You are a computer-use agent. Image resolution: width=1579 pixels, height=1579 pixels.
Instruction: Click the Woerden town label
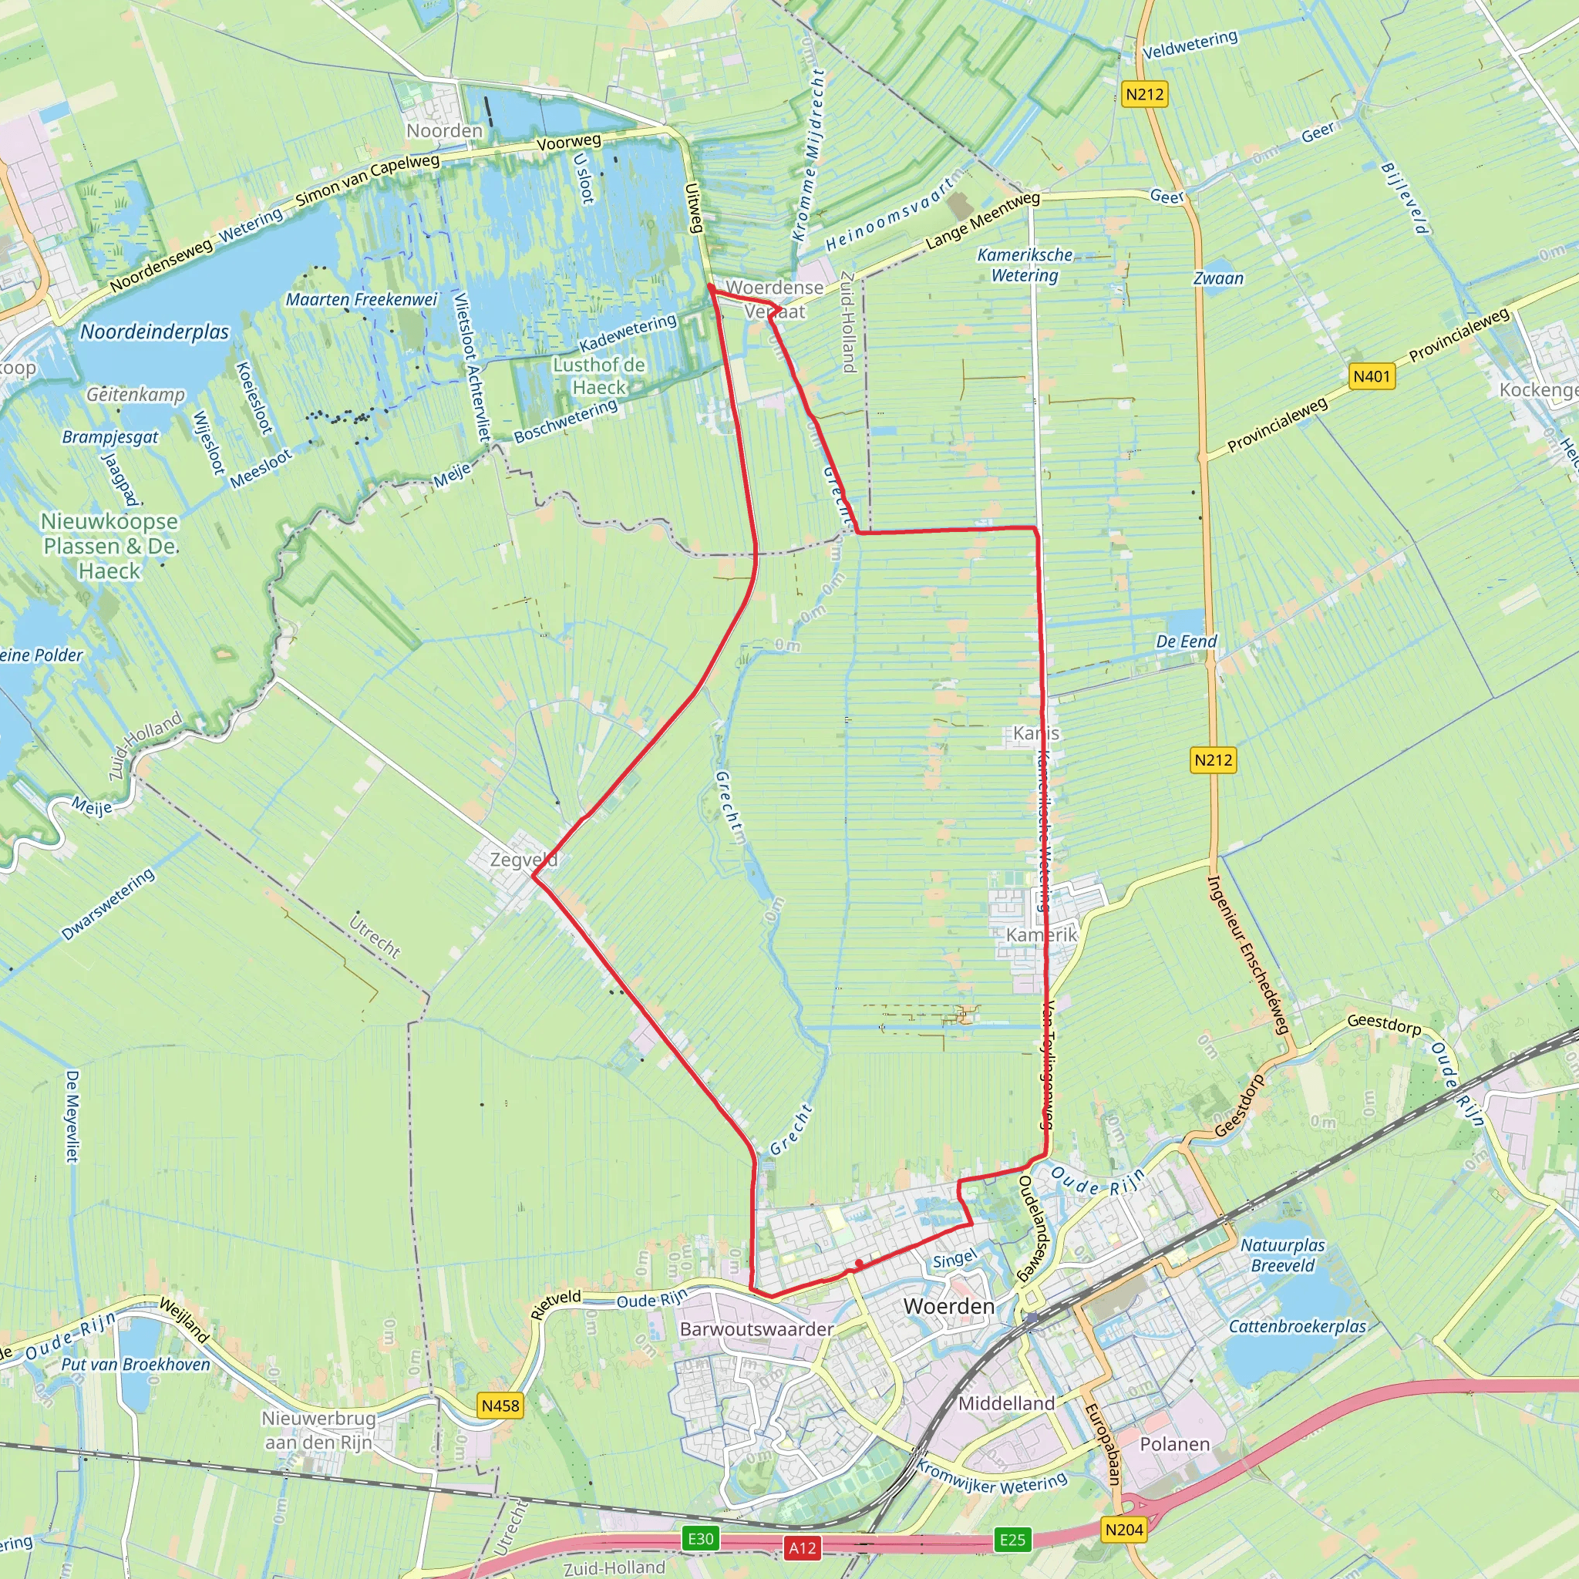[x=949, y=1306]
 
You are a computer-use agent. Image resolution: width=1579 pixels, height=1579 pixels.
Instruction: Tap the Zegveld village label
[x=523, y=859]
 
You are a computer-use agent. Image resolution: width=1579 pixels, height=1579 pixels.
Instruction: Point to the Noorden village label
[x=445, y=131]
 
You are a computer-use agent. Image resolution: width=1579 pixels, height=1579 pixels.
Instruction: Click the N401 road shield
[x=1372, y=376]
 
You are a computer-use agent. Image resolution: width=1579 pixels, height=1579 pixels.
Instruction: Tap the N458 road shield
[x=500, y=1406]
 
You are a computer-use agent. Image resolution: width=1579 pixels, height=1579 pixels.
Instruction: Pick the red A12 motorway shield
[x=802, y=1547]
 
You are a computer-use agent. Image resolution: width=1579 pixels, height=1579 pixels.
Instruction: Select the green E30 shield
[x=700, y=1539]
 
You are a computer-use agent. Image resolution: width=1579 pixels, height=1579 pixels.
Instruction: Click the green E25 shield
[x=1012, y=1540]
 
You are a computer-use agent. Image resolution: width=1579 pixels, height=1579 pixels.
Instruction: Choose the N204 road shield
[x=1124, y=1529]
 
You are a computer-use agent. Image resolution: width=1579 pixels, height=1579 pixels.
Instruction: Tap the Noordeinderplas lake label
[x=154, y=332]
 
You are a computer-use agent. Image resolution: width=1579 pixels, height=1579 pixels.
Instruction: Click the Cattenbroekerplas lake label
[x=1297, y=1325]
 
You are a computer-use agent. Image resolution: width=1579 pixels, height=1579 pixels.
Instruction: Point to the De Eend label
[x=1186, y=641]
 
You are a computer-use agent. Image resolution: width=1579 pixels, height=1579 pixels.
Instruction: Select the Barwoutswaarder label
[x=757, y=1329]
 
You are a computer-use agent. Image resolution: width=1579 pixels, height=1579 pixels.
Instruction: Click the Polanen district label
[x=1174, y=1444]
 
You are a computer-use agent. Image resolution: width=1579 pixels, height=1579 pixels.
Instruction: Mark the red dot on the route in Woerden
[x=859, y=1264]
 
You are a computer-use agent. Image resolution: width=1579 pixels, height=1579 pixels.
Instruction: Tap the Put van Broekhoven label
[x=136, y=1364]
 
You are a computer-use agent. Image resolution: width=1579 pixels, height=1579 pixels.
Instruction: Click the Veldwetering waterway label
[x=1190, y=45]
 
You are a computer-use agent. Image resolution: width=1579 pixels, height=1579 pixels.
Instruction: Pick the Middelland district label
[x=1006, y=1403]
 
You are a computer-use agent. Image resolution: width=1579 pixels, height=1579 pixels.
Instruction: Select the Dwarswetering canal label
[x=108, y=904]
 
